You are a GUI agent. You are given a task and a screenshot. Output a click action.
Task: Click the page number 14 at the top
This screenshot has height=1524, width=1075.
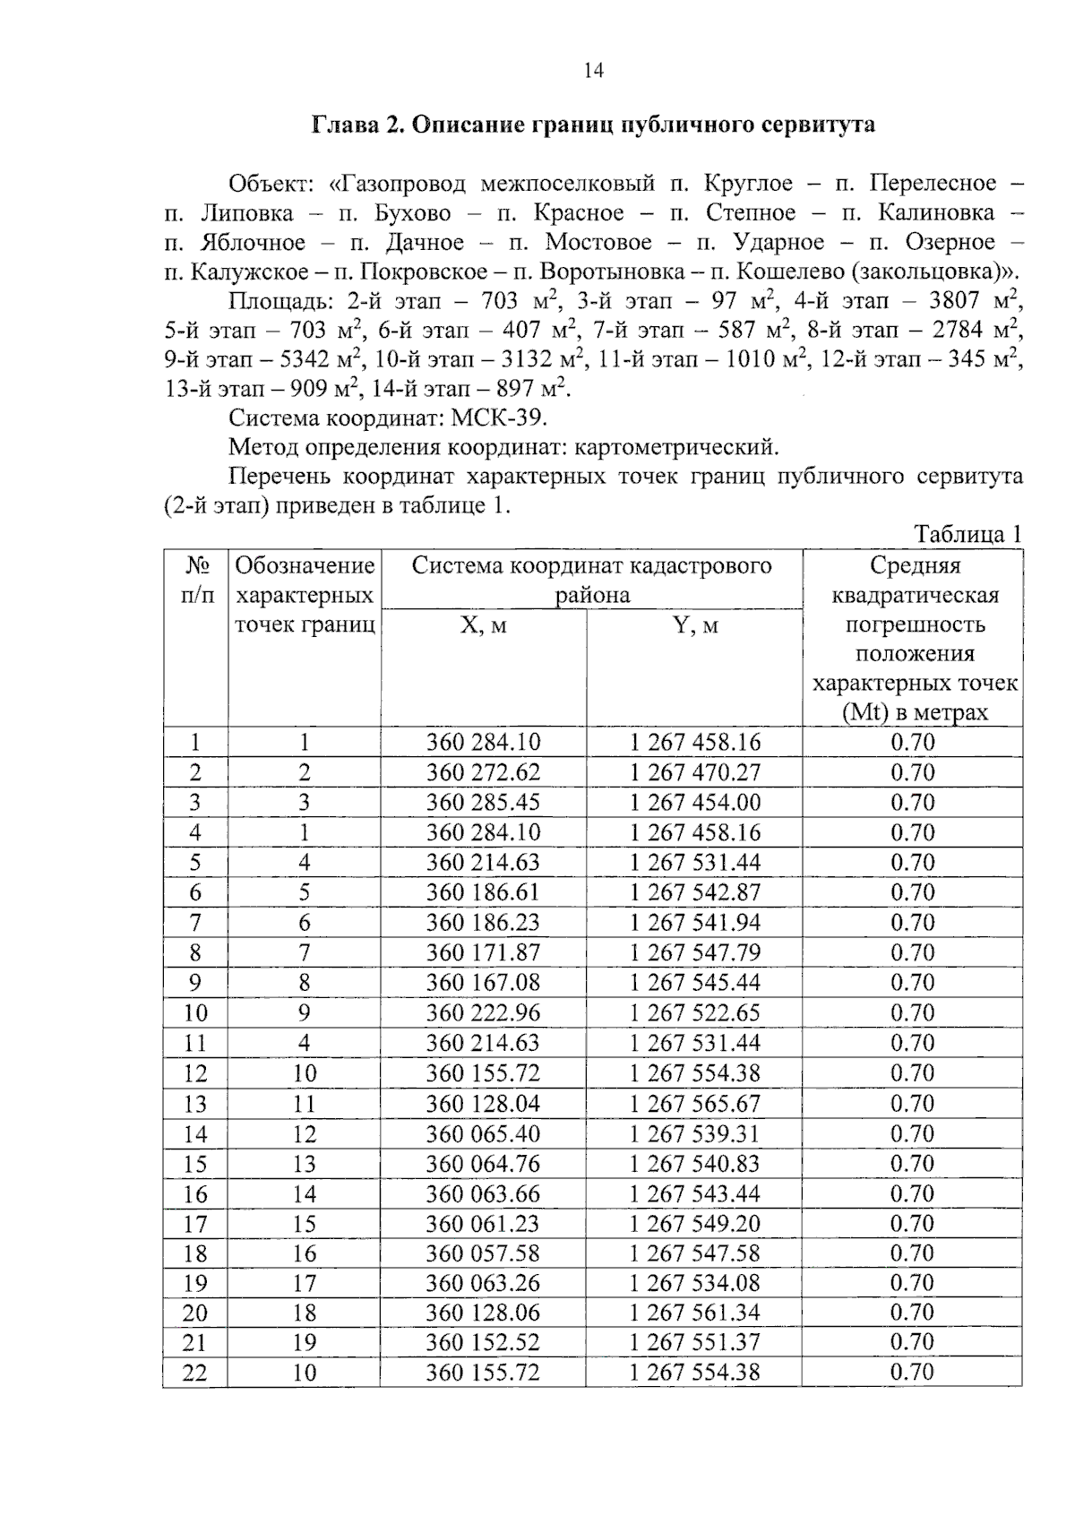click(593, 71)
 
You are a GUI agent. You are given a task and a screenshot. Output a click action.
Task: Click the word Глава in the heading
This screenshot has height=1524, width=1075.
click(343, 125)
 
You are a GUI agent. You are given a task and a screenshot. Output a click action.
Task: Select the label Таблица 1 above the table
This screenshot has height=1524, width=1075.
click(967, 535)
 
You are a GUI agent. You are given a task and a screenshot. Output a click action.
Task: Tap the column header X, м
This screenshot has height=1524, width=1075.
click(483, 625)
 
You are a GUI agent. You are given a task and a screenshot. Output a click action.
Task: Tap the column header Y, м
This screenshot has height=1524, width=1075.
click(695, 625)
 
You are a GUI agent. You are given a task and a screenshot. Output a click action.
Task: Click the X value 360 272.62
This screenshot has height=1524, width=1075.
click(483, 772)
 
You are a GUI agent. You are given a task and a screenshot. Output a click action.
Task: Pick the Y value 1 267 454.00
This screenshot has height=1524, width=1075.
click(695, 803)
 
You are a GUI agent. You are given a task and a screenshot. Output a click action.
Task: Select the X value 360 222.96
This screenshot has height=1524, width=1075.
click(483, 1012)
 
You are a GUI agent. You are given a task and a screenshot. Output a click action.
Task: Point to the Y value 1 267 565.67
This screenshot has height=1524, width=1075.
click(695, 1103)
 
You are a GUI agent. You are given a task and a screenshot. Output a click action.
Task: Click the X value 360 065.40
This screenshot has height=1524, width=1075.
click(483, 1133)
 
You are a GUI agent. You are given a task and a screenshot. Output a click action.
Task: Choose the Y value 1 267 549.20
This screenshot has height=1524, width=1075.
click(695, 1223)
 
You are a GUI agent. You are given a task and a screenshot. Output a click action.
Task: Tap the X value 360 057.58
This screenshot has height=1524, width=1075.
click(483, 1253)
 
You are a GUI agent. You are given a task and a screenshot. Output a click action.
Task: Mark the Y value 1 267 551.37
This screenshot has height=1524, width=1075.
click(695, 1342)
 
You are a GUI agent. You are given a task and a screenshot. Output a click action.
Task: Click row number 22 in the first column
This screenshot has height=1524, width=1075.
click(194, 1373)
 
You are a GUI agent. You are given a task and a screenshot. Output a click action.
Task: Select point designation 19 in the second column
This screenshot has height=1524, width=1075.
click(305, 1342)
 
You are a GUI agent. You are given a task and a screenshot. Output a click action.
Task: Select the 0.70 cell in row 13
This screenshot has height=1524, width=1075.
click(912, 1103)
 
